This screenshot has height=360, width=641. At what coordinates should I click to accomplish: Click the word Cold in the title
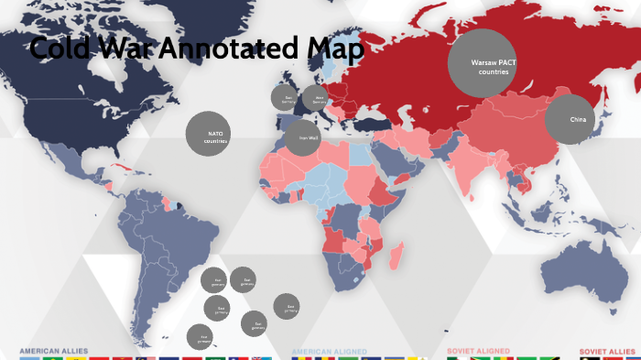[x=63, y=48]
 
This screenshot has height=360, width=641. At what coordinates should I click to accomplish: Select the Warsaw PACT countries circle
[x=482, y=63]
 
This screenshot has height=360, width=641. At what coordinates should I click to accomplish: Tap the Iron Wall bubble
[x=302, y=138]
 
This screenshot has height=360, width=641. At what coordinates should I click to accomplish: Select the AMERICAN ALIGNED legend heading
[x=329, y=351]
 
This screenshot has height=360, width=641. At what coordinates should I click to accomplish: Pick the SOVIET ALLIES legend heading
[x=609, y=351]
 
